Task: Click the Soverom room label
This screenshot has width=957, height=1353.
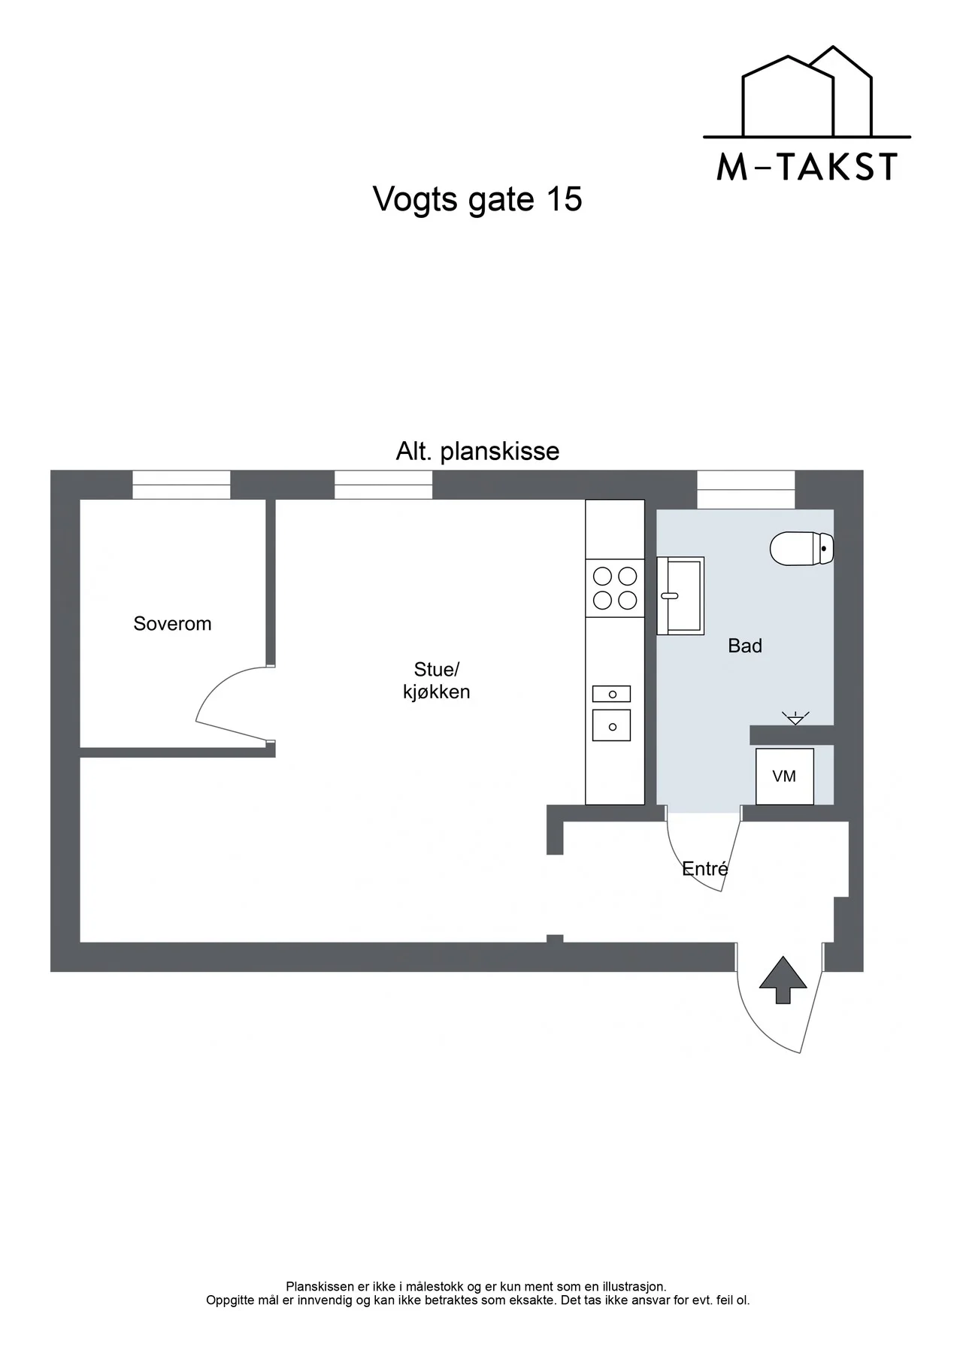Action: click(172, 623)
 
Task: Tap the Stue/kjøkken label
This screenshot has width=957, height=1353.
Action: click(436, 680)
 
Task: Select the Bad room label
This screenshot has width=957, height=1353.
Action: click(745, 646)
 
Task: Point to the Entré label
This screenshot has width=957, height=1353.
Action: click(705, 869)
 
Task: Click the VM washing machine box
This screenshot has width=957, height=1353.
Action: click(784, 776)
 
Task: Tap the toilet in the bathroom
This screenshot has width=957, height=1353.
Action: click(802, 548)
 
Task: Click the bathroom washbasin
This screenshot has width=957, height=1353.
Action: click(680, 596)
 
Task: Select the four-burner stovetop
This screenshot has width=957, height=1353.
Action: click(615, 588)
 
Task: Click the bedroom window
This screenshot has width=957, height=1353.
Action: click(181, 485)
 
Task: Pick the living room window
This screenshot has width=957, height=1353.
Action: click(383, 485)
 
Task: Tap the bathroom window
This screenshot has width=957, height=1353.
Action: click(746, 489)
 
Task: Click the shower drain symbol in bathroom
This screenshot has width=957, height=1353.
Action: click(795, 717)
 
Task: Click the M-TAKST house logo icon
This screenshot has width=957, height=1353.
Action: click(807, 92)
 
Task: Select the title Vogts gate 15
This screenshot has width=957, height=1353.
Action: click(477, 200)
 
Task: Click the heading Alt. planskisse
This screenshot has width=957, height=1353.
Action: click(477, 451)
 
